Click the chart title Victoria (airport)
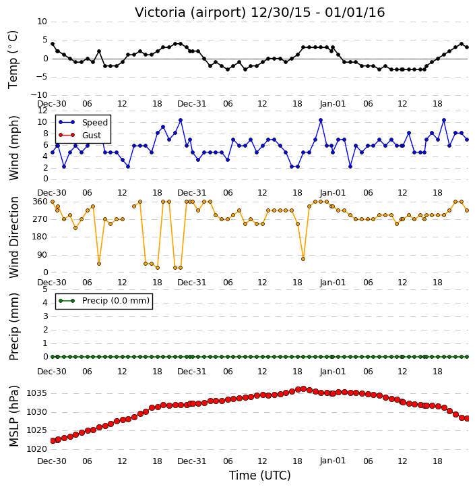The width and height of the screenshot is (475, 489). pos(191,13)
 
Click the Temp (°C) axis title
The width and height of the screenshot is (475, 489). pos(13,59)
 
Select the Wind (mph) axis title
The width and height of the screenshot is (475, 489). pos(13,148)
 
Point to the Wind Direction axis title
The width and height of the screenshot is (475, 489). pos(13,237)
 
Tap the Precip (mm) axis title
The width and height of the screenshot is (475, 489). pos(13,327)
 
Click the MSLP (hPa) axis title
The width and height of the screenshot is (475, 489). pos(13,416)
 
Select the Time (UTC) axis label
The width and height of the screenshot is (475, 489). pos(260,476)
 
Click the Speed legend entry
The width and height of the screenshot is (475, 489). pos(83,123)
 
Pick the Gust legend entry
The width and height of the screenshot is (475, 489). pos(80,136)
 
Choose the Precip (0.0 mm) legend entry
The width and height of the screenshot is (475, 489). pos(104,301)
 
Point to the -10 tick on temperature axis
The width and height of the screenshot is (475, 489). pos(39,95)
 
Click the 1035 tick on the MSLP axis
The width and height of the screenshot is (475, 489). pos(37,393)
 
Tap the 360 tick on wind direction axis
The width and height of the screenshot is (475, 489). pos(40,202)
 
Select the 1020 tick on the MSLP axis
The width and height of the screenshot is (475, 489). pos(37,449)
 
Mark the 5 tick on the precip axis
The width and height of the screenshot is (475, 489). pos(45,289)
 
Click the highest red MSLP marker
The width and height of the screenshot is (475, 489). pos(303,389)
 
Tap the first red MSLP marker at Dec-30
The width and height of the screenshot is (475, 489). pos(53,440)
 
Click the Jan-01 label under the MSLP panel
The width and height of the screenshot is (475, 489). pos(333,461)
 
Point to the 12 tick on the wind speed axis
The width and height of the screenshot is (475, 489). pos(42,111)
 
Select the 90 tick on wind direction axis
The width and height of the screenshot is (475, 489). pos(42,255)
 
